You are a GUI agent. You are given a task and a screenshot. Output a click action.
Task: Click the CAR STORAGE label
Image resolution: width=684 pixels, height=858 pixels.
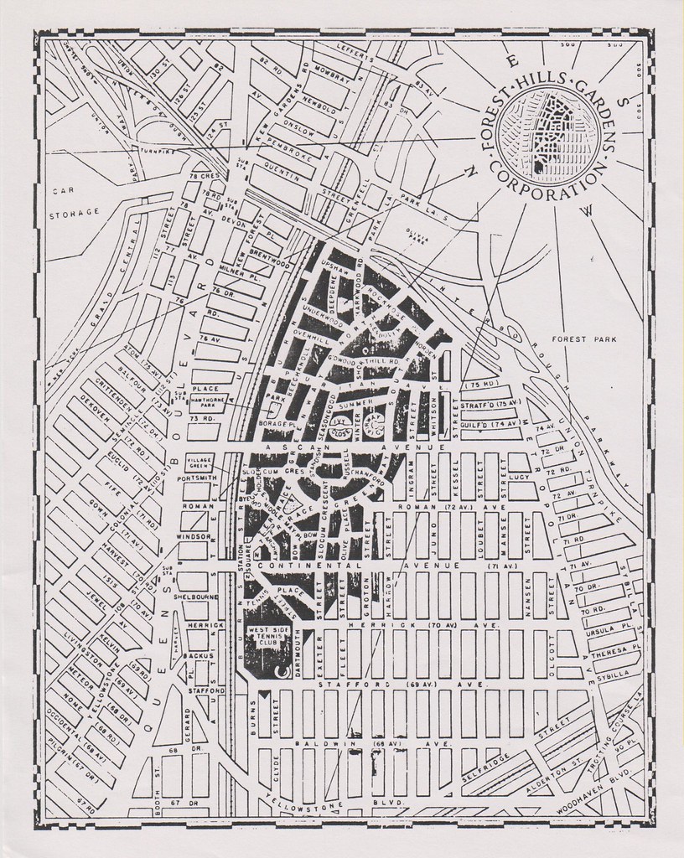tap(74, 203)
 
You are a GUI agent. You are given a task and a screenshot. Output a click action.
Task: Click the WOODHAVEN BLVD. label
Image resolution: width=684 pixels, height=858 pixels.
tap(597, 802)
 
